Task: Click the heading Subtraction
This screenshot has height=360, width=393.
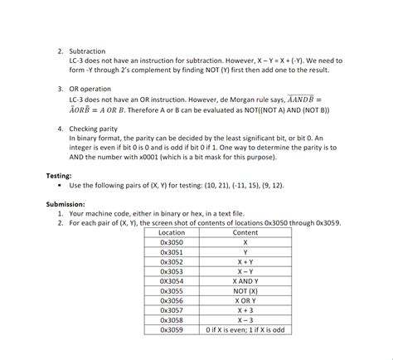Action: pyautogui.click(x=87, y=51)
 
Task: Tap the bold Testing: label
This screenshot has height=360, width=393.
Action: pyautogui.click(x=61, y=176)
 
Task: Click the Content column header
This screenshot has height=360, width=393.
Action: pyautogui.click(x=245, y=232)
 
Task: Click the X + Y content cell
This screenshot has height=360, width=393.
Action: pyautogui.click(x=245, y=262)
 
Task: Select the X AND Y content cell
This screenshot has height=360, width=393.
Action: pyautogui.click(x=245, y=281)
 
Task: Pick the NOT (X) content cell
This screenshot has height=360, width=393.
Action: pyautogui.click(x=245, y=291)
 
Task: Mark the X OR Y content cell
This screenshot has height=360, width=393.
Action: pyautogui.click(x=245, y=300)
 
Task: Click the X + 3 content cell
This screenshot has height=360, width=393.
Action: pyautogui.click(x=245, y=310)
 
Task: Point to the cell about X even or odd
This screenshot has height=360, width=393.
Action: pyautogui.click(x=245, y=329)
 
